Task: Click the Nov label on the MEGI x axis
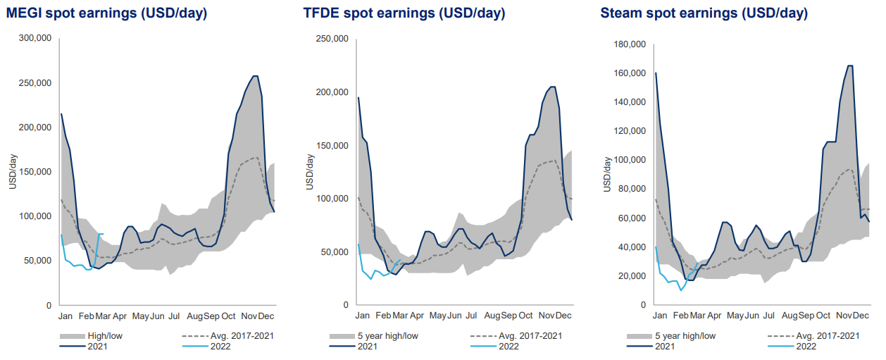coord(251,317)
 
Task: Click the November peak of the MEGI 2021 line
coord(255,76)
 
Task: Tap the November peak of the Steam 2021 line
coord(849,66)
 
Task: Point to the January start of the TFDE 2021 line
coord(358,98)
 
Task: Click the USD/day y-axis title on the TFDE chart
coord(310,173)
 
